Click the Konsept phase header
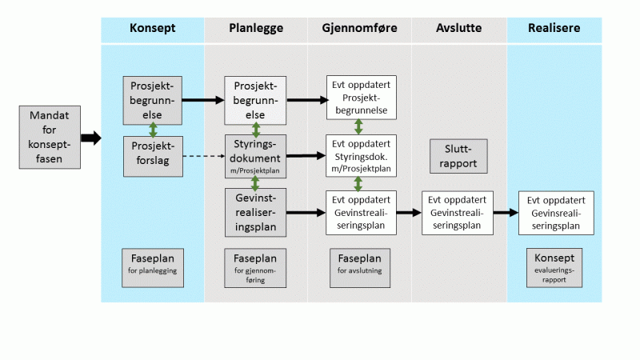click(152, 29)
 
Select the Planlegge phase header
click(256, 29)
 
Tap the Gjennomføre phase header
click(359, 29)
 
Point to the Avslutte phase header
click(458, 29)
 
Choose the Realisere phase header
click(554, 29)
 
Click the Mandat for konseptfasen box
click(50, 138)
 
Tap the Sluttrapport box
click(458, 156)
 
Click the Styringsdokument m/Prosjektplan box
click(256, 156)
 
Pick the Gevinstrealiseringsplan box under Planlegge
click(256, 212)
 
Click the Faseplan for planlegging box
click(153, 265)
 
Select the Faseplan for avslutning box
click(359, 265)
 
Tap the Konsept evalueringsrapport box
click(554, 265)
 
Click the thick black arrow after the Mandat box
click(91, 138)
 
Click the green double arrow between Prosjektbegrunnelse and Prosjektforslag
click(153, 130)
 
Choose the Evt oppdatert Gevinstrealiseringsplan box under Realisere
click(556, 213)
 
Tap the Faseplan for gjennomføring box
click(256, 265)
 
